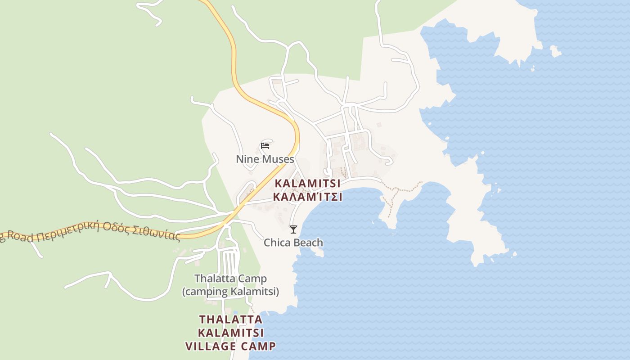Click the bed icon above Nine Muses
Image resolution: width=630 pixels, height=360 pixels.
coord(265,145)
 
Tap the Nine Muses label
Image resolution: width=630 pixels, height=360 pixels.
coord(265,159)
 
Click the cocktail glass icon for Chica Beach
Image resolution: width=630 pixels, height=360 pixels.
coord(293,229)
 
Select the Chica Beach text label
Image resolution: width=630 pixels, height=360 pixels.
coord(293,243)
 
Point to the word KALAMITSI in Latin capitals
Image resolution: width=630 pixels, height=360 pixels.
coord(307,184)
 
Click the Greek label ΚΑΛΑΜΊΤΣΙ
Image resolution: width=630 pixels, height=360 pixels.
coord(307,197)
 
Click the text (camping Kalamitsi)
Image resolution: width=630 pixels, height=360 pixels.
coord(230,292)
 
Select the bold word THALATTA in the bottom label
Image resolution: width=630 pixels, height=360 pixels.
coord(231,319)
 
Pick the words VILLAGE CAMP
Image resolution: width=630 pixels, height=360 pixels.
coord(231,346)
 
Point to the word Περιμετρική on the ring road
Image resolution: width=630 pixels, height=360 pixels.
coord(67,231)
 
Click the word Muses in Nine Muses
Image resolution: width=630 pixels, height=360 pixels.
coord(278,159)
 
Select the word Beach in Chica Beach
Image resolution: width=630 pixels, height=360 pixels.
coord(308,243)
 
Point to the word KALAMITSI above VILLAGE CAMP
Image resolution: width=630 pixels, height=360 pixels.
coord(231,333)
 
